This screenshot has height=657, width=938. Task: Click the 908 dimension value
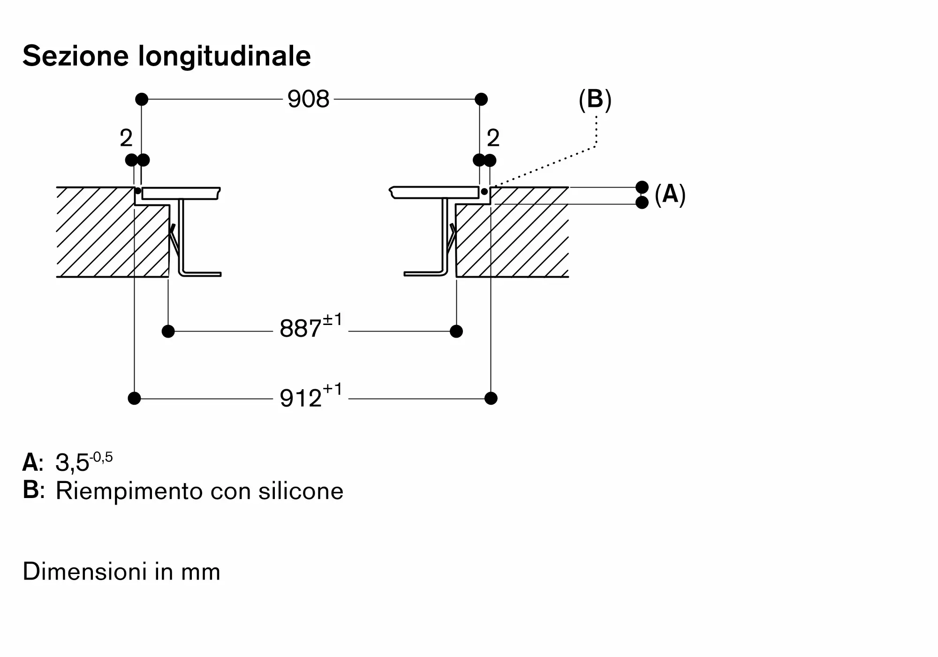coord(308,99)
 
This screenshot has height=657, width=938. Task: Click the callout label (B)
coord(595,100)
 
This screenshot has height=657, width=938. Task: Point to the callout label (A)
coord(670,194)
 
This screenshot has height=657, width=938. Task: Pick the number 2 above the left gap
coord(126,138)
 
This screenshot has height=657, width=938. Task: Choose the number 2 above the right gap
coord(493,138)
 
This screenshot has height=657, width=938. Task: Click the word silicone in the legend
coord(301,491)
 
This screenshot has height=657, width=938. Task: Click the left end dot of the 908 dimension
coord(142,99)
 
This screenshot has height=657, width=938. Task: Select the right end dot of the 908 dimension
coord(481,99)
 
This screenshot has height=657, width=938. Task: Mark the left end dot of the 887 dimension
coord(168,332)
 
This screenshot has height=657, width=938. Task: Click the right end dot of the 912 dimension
coord(491,399)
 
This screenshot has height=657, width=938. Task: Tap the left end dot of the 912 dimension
coord(134,399)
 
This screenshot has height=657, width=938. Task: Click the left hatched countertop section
coord(113,232)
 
